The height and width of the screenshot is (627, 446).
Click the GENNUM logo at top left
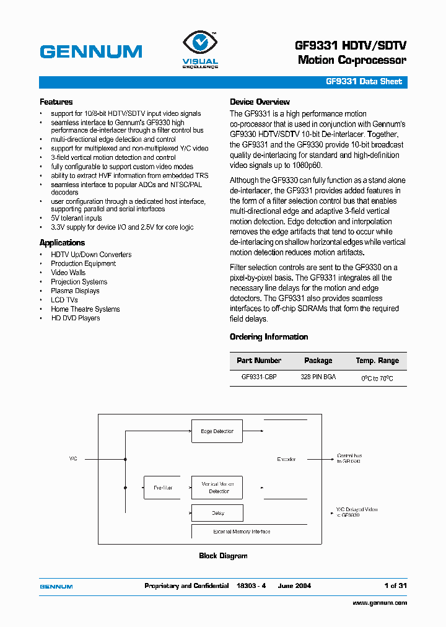tap(91, 51)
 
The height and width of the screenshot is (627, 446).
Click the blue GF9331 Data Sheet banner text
tap(364, 82)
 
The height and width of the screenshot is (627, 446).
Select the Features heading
tap(56, 102)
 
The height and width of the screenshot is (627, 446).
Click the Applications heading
tap(62, 243)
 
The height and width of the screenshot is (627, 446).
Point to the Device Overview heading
tap(260, 102)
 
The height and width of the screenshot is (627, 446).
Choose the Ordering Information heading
tap(269, 337)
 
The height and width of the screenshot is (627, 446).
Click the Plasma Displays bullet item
tap(75, 291)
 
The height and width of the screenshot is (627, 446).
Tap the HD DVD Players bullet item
tap(75, 318)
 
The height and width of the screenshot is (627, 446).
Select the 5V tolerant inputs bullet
tap(76, 218)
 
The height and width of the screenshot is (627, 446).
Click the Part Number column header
tap(259, 361)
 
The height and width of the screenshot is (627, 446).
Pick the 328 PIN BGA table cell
tap(318, 377)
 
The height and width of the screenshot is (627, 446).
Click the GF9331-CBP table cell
tap(259, 377)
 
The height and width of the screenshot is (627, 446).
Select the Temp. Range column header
tap(377, 361)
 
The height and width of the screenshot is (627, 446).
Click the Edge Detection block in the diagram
tap(217, 431)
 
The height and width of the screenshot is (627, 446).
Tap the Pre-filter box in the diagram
tap(164, 488)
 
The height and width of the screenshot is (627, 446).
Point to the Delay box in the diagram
tap(217, 513)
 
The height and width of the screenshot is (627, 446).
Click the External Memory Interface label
tap(242, 532)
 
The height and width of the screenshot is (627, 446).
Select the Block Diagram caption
tap(223, 556)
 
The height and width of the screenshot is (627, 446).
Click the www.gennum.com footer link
tap(380, 603)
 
